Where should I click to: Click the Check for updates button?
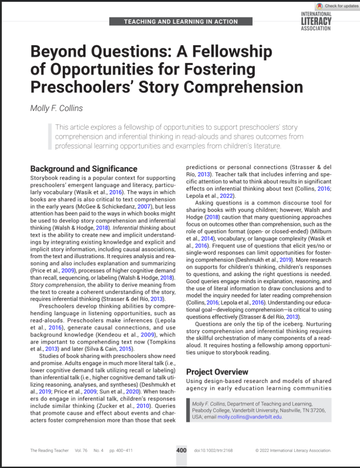point(339,6)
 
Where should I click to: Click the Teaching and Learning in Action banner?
point(181,21)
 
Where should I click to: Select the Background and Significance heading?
point(84,169)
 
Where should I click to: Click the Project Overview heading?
point(217,372)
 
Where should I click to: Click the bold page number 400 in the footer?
point(181,450)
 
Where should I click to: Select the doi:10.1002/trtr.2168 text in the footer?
point(214,451)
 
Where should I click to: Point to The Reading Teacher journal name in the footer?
point(49,451)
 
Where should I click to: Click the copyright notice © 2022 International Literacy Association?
point(293,451)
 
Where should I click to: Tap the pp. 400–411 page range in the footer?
point(121,451)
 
